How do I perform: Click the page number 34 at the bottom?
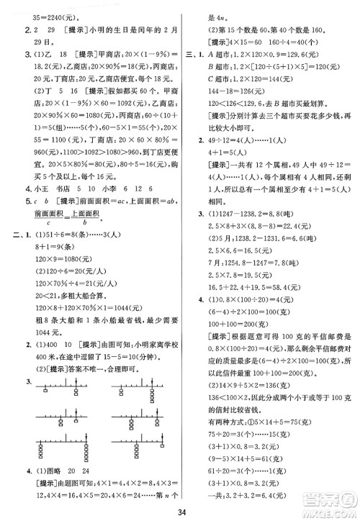coord(181,512)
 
